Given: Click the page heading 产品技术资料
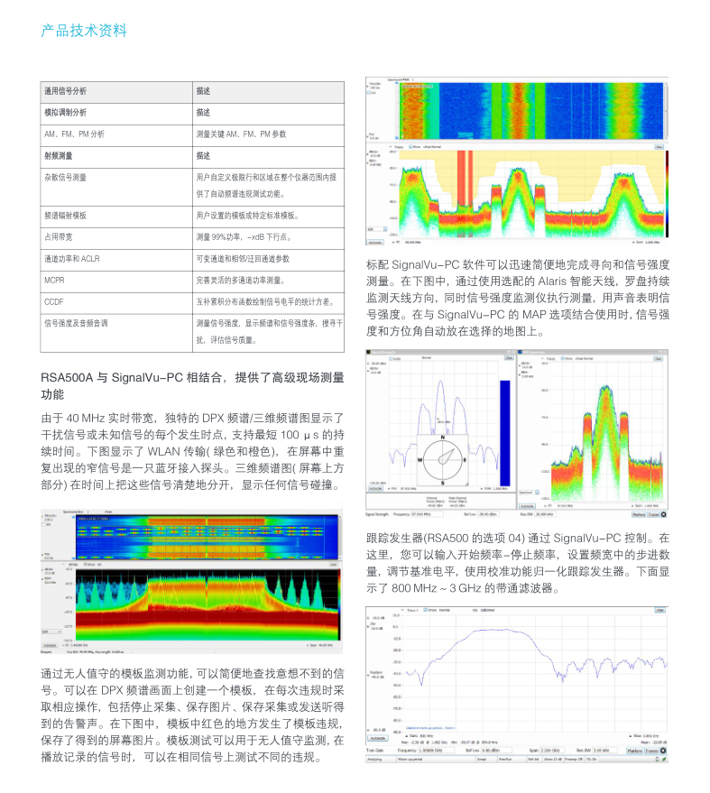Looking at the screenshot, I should (84, 32).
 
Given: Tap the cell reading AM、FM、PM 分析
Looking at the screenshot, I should (74, 134).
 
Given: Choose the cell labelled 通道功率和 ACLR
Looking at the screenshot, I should (71, 259).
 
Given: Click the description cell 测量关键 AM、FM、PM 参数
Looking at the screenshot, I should (241, 134).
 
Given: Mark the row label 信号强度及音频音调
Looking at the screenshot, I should (76, 323).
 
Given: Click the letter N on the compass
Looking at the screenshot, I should (443, 436).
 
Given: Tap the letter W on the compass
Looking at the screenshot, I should (420, 458).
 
